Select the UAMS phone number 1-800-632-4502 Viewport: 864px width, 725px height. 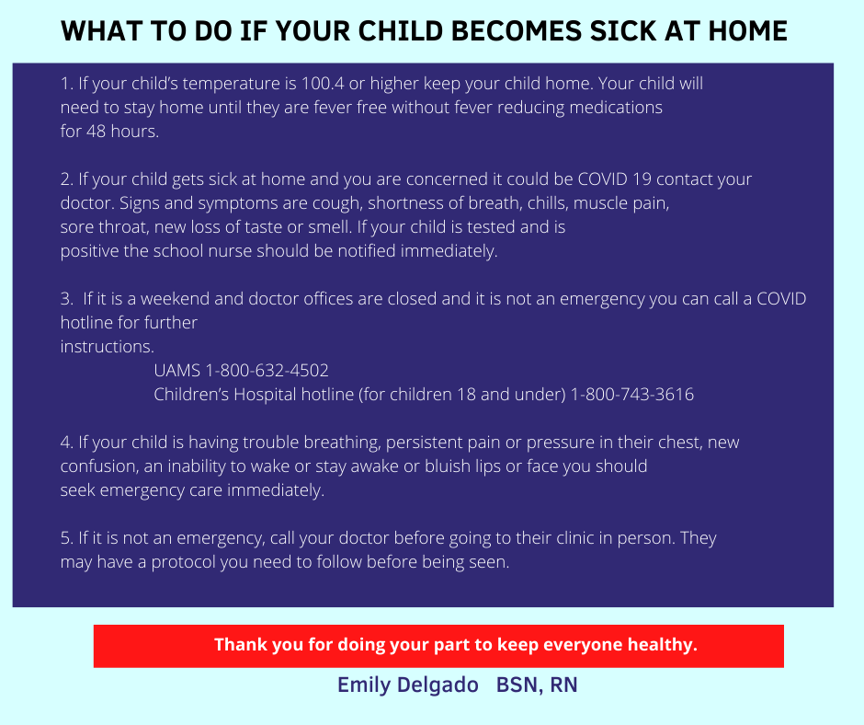tap(267, 370)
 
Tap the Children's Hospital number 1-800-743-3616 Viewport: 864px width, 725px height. tap(632, 395)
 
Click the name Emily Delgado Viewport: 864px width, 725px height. tap(408, 685)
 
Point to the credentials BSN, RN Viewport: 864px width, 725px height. tap(537, 685)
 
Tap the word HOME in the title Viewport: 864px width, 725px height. tap(747, 31)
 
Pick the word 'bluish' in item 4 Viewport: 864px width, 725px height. tap(448, 466)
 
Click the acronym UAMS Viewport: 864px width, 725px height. tap(176, 370)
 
